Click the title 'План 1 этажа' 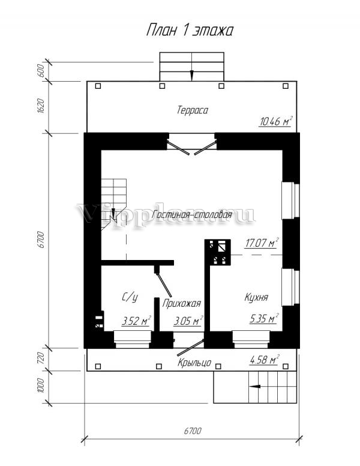click(190, 30)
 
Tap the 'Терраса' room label click(193, 110)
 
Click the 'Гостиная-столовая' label click(192, 214)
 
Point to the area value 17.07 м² click(262, 243)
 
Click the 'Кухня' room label click(256, 297)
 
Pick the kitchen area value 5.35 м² click(264, 319)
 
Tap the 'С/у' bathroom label click(130, 297)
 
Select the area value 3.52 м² click(136, 321)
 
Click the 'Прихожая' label click(181, 303)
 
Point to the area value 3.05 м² click(188, 321)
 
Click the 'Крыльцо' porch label click(194, 363)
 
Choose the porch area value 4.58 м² click(264, 360)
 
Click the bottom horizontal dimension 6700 click(193, 431)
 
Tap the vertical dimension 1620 click(41, 106)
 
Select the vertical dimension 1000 click(41, 386)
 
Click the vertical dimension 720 click(41, 358)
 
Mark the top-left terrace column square click(98, 86)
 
